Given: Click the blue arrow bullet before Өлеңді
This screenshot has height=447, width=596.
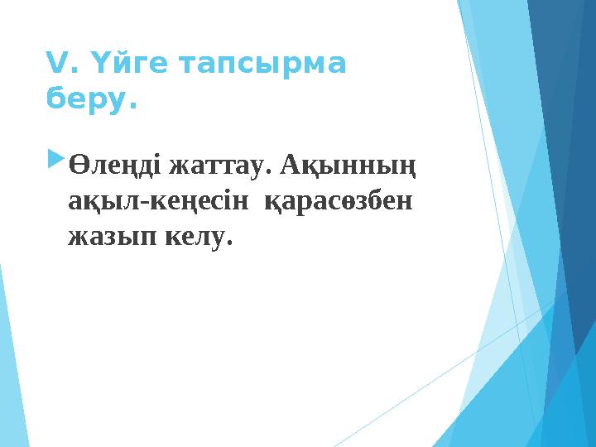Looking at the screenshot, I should click(57, 156).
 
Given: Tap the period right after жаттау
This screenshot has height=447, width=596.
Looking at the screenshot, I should click(270, 171).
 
